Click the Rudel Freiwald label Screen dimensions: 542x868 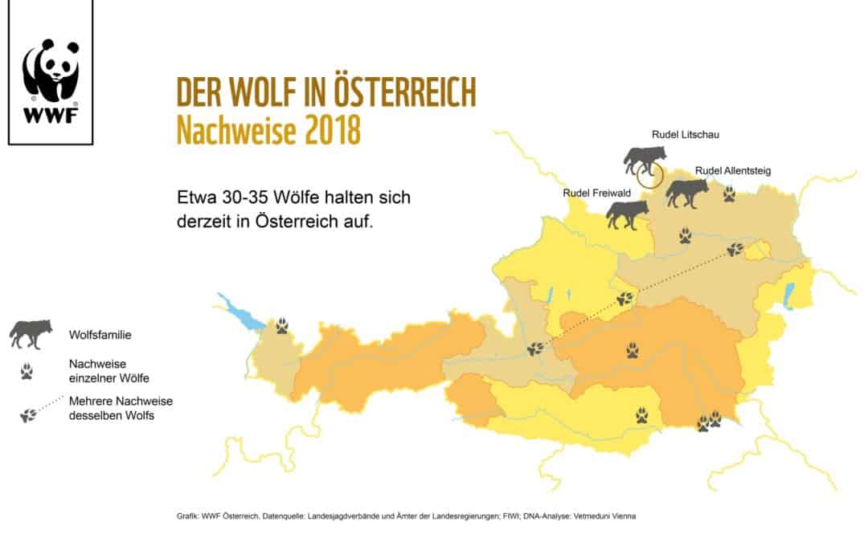596,194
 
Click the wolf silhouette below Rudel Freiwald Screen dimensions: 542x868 627,214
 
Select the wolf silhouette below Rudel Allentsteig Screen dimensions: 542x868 686,193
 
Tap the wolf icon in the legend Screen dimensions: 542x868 31,333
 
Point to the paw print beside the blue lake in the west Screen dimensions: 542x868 282,325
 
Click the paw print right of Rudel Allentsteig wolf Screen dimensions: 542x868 729,194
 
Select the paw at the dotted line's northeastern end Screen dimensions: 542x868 735,250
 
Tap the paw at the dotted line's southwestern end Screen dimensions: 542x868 535,348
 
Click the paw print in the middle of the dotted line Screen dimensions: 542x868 624,300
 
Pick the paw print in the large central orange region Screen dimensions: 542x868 633,349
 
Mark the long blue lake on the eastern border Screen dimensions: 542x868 788,295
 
